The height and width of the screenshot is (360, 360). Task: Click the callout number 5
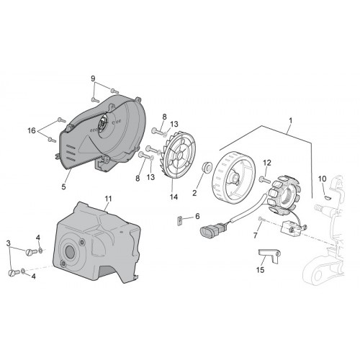pos(63,186)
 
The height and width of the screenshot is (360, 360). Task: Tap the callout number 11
pos(108,199)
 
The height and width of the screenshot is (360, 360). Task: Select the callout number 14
pos(174,197)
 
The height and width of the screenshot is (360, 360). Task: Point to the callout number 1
pos(291,120)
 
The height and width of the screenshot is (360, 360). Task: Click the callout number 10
pos(323,179)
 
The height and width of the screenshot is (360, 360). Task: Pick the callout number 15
pos(260,270)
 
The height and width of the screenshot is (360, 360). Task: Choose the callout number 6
pos(197,216)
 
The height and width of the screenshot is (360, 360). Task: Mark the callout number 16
pos(32,130)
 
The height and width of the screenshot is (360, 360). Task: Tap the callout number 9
pos(93,78)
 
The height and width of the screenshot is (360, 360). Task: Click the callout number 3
pos(9,243)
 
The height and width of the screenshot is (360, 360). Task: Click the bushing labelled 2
pos(207,166)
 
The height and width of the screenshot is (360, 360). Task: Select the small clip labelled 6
pos(179,221)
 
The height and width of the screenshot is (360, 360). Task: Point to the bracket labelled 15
pos(270,255)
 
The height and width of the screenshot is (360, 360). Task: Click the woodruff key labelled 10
pos(328,197)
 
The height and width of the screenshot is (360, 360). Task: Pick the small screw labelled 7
pos(261,219)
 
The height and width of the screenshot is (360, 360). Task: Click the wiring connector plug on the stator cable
pos(211,230)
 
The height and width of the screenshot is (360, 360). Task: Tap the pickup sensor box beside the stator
pos(290,227)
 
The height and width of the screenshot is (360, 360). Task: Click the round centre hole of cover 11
pos(70,251)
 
